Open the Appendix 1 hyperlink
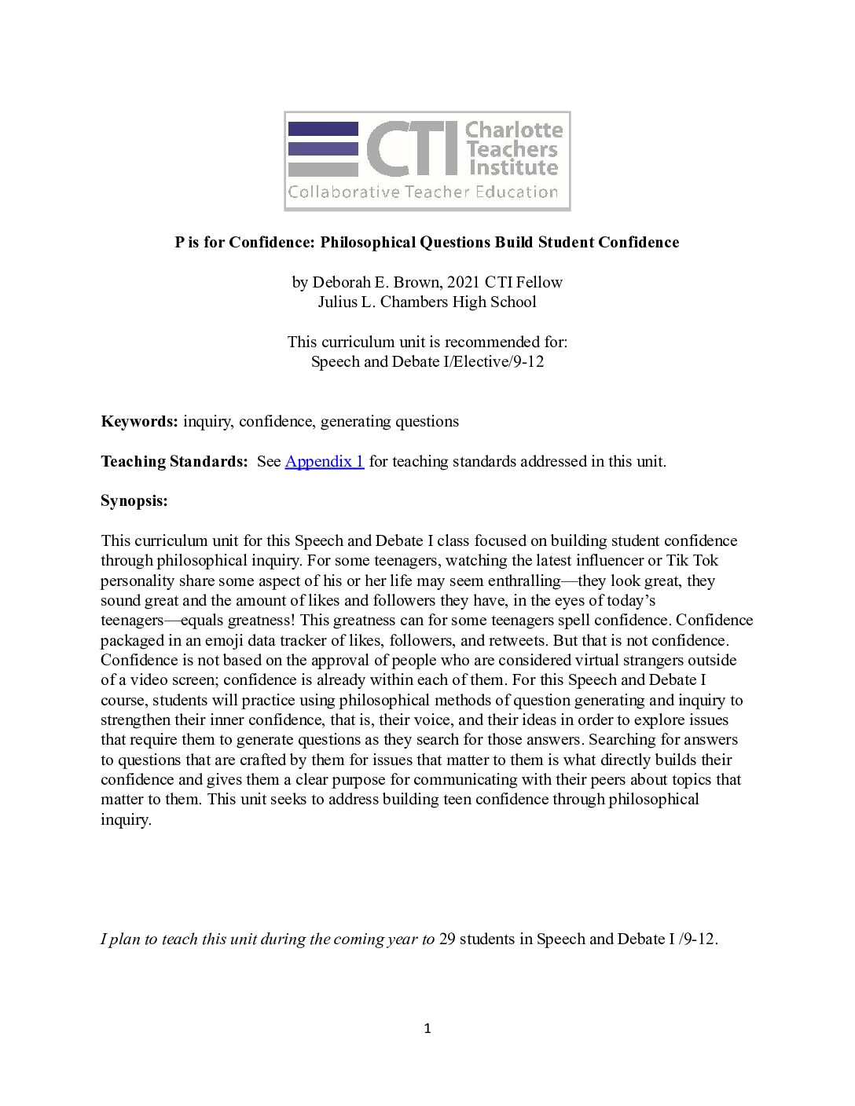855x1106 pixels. tap(324, 461)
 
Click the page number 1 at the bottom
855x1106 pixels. tap(427, 1028)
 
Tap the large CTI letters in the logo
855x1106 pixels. tap(412, 148)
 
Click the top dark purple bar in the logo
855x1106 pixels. tap(323, 129)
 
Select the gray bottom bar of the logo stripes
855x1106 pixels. tap(323, 169)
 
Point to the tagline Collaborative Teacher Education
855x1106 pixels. tap(423, 192)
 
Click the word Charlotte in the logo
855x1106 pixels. tap(514, 130)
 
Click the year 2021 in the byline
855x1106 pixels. tap(464, 282)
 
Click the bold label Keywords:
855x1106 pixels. tap(139, 421)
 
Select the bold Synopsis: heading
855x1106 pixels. tap(134, 500)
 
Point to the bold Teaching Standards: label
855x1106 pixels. tap(174, 461)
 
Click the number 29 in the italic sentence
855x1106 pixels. tap(447, 939)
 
